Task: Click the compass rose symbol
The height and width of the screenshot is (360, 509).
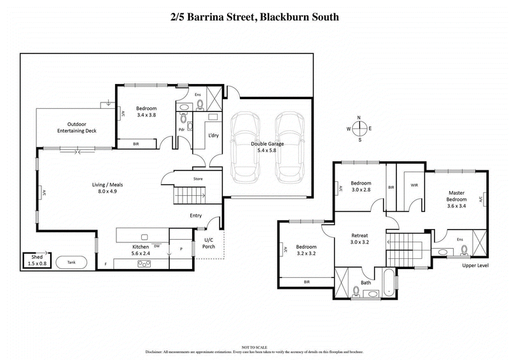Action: [359, 128]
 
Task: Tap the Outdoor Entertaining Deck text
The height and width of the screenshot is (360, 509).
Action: [73, 127]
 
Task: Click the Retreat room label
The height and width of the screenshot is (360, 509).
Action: [360, 239]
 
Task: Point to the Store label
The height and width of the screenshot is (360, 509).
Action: [198, 179]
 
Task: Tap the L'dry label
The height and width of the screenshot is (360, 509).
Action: [214, 135]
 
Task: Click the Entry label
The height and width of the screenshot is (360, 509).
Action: [196, 216]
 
